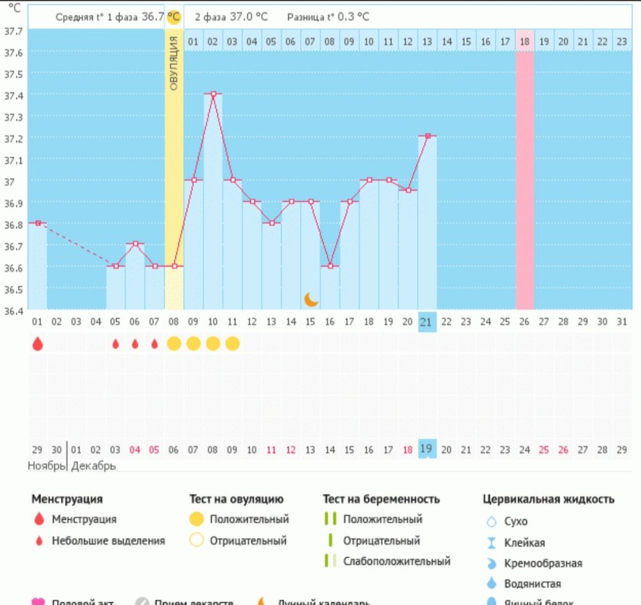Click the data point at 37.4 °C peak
(213, 94)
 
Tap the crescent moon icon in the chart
(312, 299)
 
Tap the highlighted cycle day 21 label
(426, 322)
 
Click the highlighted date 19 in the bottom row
(426, 449)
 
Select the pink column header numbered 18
(524, 42)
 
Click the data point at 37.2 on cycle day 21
(426, 136)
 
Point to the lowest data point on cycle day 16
(330, 266)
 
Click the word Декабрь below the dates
(94, 466)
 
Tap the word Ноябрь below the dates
(46, 466)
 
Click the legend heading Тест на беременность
(381, 499)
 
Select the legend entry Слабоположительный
(396, 561)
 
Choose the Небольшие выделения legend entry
(108, 540)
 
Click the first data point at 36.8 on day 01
(38, 223)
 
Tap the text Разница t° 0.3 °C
(328, 17)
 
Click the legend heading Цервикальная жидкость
(548, 499)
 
